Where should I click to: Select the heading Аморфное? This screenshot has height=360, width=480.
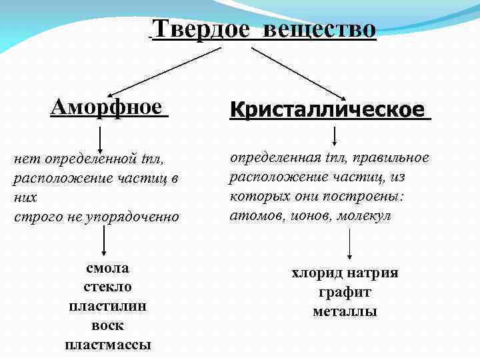[x=107, y=106]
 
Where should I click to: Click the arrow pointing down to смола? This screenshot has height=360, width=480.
[x=105, y=241]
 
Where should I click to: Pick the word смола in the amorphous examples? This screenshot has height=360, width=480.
[x=107, y=269]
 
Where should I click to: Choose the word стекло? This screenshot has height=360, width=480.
[x=107, y=287]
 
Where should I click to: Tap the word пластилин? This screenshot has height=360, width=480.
[x=107, y=307]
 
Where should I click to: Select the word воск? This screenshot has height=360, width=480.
[x=107, y=326]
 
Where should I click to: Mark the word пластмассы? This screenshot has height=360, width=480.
[x=107, y=345]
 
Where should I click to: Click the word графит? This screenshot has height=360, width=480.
[x=345, y=292]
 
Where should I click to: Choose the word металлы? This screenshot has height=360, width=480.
[x=345, y=311]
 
